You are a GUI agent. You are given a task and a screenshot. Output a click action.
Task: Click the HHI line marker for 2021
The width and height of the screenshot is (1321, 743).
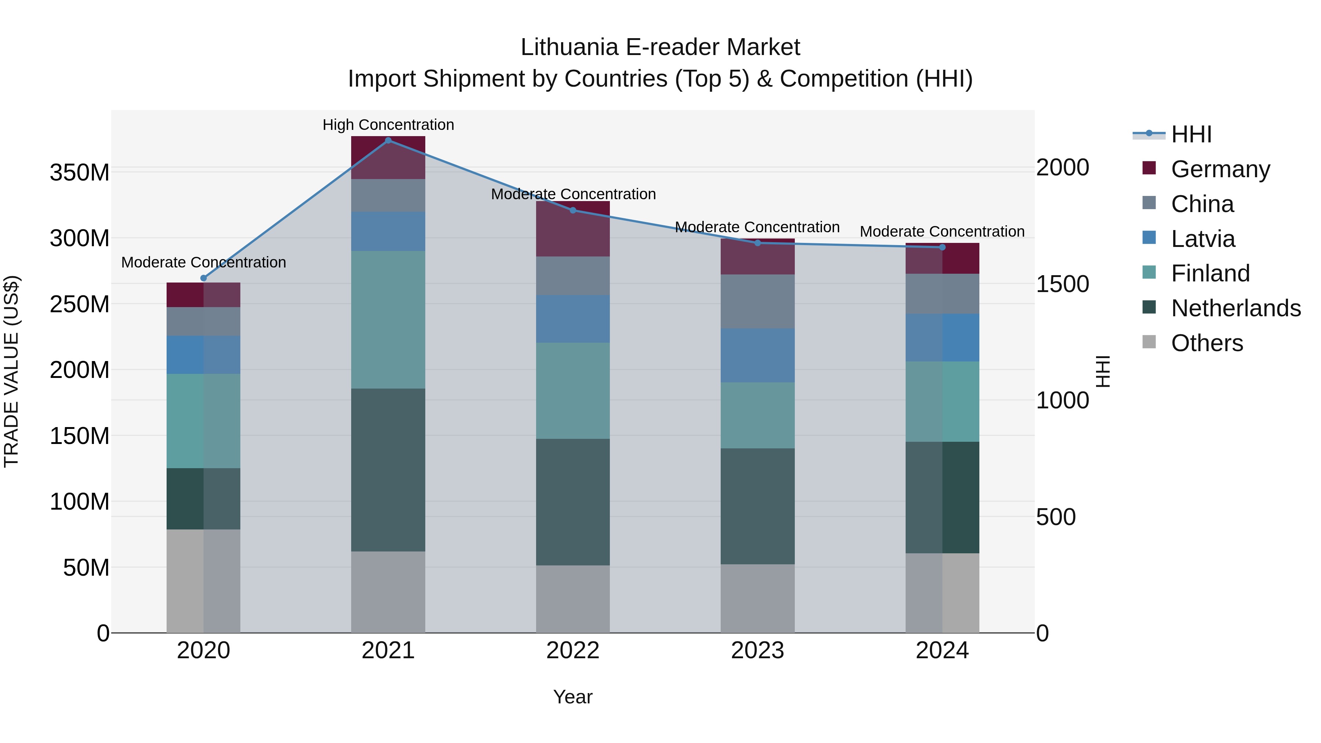click(388, 141)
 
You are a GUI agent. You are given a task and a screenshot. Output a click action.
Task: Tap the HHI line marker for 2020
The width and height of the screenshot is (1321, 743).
click(204, 278)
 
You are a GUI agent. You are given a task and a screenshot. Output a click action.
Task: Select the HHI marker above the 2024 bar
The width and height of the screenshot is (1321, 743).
click(942, 247)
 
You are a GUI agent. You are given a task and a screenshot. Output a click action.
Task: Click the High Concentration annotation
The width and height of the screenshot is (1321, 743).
click(388, 125)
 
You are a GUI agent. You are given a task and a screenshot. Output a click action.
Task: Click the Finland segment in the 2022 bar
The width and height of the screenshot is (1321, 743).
click(573, 391)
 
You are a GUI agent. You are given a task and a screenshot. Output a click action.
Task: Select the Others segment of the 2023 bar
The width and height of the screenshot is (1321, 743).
click(757, 598)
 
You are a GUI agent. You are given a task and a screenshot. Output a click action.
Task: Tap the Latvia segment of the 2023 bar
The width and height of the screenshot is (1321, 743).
click(757, 355)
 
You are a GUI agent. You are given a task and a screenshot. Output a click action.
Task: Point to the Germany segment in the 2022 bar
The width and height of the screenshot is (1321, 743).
click(573, 229)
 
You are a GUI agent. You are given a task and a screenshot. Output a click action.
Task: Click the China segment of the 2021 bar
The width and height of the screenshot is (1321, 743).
click(388, 195)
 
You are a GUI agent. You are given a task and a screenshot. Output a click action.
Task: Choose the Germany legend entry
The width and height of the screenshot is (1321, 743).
click(1220, 169)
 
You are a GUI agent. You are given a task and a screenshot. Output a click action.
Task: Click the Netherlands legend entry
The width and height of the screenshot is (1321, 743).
click(1236, 308)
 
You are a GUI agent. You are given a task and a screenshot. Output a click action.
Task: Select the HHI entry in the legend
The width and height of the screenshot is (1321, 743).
click(1191, 134)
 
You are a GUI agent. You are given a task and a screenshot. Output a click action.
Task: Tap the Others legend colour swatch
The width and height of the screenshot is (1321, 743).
click(1149, 342)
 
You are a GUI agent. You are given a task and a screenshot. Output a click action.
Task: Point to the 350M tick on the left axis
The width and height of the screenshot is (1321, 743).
click(80, 172)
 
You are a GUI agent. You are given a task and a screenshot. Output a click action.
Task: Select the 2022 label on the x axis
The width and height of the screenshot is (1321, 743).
click(573, 651)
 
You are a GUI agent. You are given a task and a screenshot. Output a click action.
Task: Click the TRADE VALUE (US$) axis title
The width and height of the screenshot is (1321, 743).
click(11, 371)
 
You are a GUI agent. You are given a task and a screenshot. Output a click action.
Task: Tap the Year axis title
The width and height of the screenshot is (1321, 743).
click(573, 697)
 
